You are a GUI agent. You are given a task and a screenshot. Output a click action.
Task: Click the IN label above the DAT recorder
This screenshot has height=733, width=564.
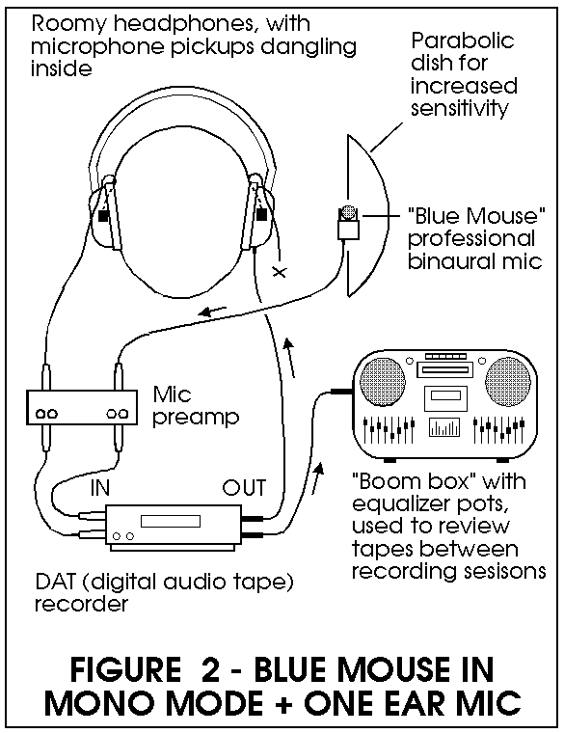pyautogui.click(x=100, y=488)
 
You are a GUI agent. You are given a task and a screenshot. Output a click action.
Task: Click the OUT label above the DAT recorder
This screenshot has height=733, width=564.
pyautogui.click(x=244, y=488)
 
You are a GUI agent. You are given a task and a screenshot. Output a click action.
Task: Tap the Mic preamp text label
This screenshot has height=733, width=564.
pyautogui.click(x=196, y=406)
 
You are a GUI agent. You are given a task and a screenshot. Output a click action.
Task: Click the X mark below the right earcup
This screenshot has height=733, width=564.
pyautogui.click(x=280, y=272)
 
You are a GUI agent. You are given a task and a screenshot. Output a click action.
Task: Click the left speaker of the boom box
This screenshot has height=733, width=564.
pyautogui.click(x=383, y=381)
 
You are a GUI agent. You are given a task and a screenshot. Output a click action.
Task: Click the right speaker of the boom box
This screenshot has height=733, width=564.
pyautogui.click(x=508, y=381)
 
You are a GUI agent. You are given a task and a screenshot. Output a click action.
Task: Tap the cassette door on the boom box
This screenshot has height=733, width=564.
pyautogui.click(x=445, y=398)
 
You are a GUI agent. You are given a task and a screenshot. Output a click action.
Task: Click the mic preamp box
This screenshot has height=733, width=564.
pyautogui.click(x=82, y=407)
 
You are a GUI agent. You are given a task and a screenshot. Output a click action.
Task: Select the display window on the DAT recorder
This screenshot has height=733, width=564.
pyautogui.click(x=171, y=521)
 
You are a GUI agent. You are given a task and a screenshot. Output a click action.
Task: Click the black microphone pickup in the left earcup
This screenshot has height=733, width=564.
pyautogui.click(x=103, y=216)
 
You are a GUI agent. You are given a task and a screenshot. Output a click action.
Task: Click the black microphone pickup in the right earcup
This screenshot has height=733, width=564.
pyautogui.click(x=261, y=214)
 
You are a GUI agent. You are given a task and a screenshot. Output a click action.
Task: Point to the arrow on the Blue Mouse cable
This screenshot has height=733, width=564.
pyautogui.click(x=213, y=311)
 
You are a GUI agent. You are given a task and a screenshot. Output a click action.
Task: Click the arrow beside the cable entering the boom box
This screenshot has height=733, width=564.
pyautogui.click(x=318, y=477)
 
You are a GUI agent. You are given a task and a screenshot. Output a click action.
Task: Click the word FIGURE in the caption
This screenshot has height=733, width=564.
pyautogui.click(x=125, y=669)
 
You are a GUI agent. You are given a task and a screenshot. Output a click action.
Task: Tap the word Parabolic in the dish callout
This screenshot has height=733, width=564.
pyautogui.click(x=462, y=41)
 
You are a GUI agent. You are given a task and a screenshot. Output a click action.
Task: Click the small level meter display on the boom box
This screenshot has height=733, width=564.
pyautogui.click(x=443, y=427)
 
